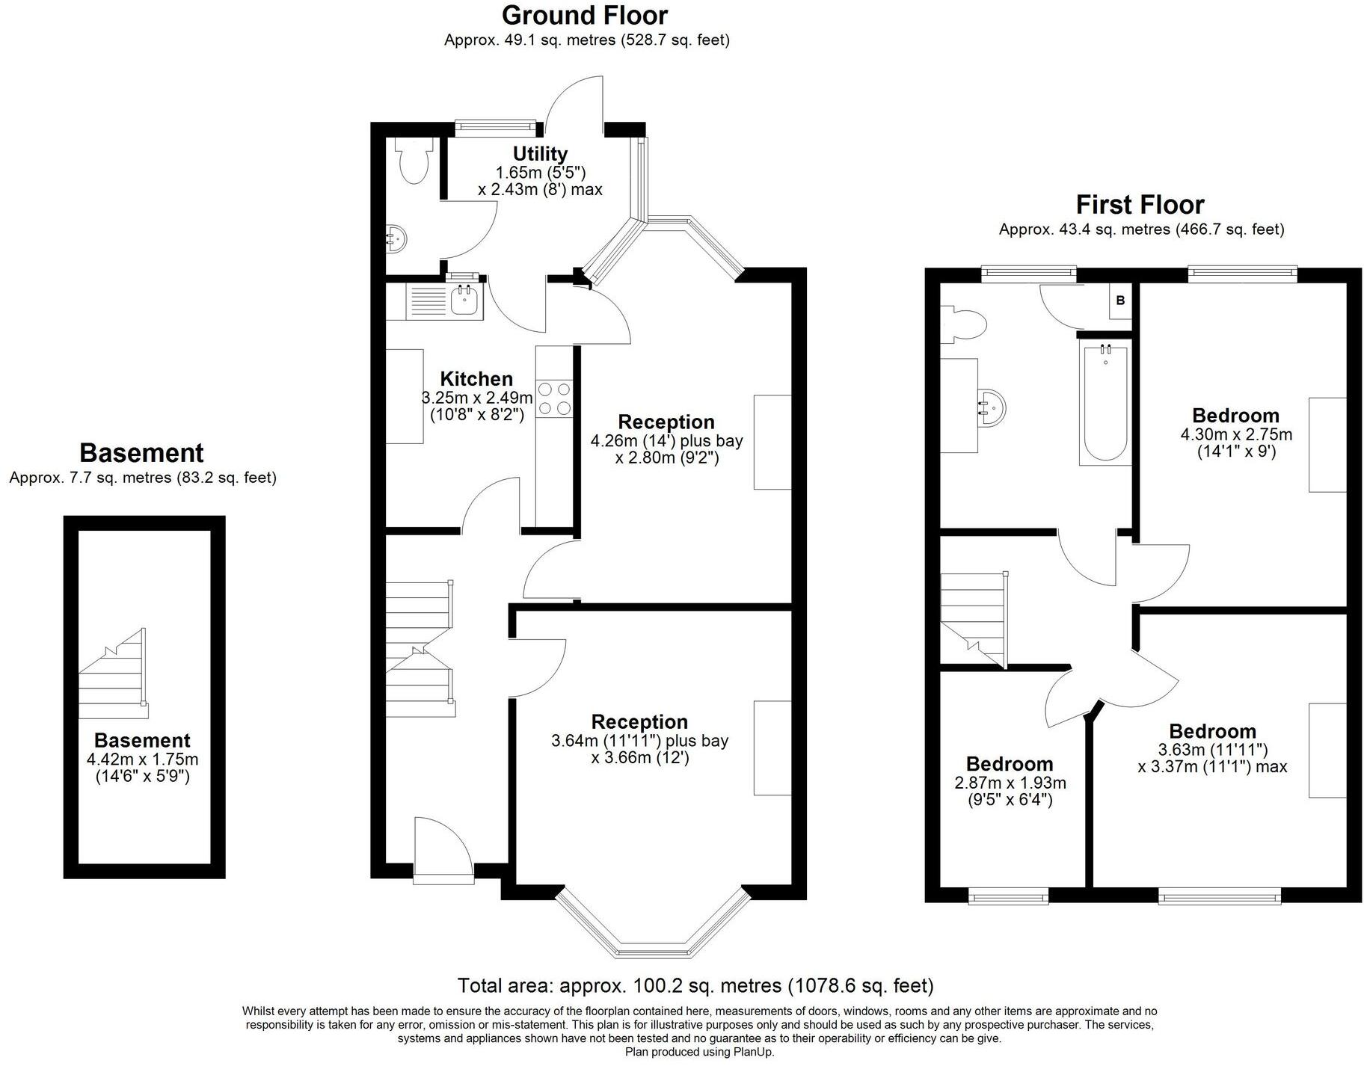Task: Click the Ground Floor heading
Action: (584, 16)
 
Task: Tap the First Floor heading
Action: (1140, 205)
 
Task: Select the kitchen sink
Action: (465, 302)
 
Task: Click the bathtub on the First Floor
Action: (1105, 404)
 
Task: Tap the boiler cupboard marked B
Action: (1119, 301)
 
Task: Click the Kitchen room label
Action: (476, 378)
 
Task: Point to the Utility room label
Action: (540, 154)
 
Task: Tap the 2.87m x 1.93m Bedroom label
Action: (1010, 764)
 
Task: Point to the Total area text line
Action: (695, 985)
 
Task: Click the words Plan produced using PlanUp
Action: (699, 1052)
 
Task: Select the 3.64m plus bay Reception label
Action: (639, 722)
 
